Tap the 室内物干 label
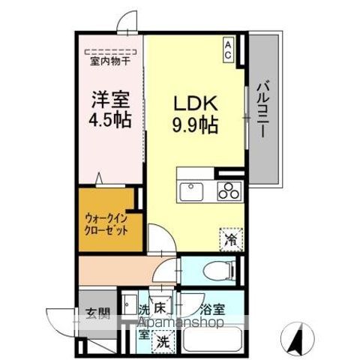pos(109,61)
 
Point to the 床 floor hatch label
pos(160,308)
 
